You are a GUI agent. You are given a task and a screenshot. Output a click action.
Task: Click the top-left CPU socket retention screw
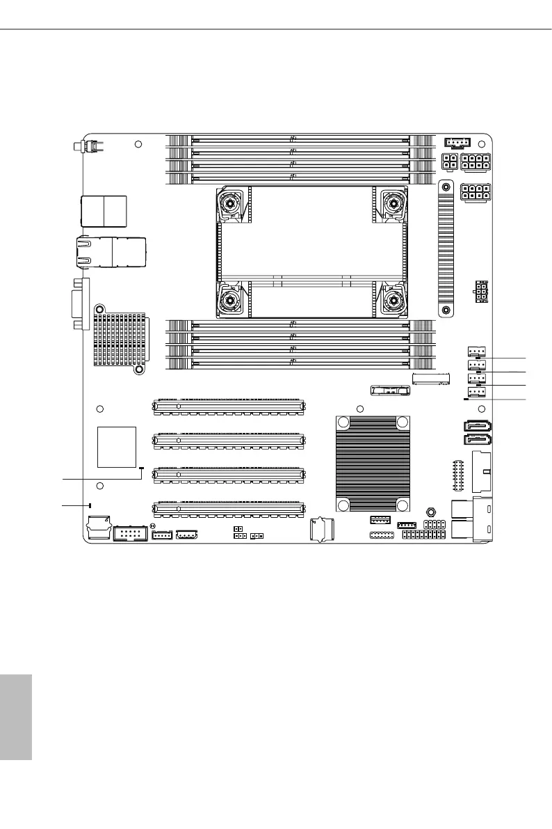[230, 203]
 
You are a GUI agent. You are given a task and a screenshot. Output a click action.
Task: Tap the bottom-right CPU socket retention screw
[394, 301]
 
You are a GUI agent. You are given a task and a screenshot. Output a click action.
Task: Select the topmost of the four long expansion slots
[228, 404]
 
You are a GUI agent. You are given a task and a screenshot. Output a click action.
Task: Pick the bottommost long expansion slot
[228, 508]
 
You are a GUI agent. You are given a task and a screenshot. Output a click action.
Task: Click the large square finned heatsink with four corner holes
[372, 465]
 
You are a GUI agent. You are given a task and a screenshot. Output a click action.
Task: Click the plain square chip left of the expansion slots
[116, 446]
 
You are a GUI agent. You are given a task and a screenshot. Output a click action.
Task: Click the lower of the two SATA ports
[476, 440]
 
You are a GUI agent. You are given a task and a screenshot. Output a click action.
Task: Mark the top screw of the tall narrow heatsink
[446, 187]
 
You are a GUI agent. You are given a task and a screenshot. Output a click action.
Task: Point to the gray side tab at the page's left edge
[16, 716]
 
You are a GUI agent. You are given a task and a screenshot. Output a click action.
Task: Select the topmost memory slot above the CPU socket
[302, 139]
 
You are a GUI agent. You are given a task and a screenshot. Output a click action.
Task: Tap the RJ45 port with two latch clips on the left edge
[115, 251]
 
